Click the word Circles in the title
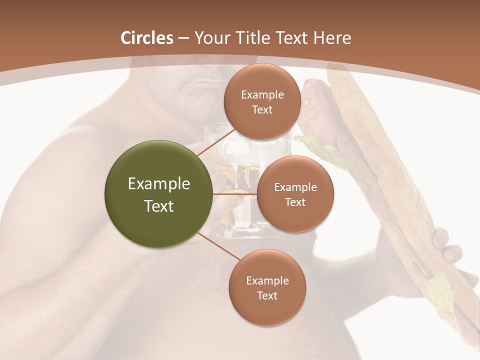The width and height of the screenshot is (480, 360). (146, 38)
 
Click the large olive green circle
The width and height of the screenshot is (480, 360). (159, 194)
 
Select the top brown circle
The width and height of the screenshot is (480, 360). (262, 101)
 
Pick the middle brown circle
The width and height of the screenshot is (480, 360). (295, 194)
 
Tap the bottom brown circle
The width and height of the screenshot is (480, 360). (267, 287)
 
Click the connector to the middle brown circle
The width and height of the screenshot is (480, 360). (235, 194)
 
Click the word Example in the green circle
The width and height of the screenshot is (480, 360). (159, 184)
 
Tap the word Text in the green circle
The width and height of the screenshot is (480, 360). (159, 206)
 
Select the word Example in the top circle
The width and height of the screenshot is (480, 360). (262, 94)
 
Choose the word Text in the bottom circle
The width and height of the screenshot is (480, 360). (267, 295)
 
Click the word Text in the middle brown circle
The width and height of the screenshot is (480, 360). (295, 202)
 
